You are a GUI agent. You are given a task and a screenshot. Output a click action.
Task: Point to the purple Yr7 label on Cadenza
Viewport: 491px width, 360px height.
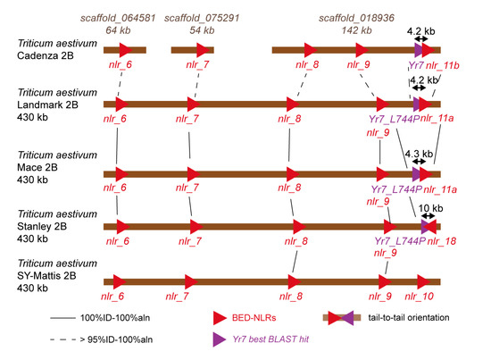pyautogui.click(x=414, y=64)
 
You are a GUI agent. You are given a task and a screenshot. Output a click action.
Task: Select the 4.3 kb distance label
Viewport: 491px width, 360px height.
pyautogui.click(x=420, y=154)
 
